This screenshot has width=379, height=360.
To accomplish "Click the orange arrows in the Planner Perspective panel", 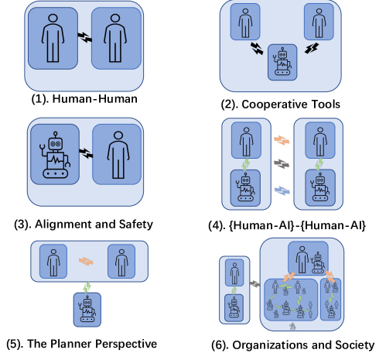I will [x=85, y=262].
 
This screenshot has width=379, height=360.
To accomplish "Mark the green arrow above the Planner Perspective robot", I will [x=84, y=286].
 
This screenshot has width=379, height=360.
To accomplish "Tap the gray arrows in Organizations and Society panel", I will [x=252, y=285].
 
